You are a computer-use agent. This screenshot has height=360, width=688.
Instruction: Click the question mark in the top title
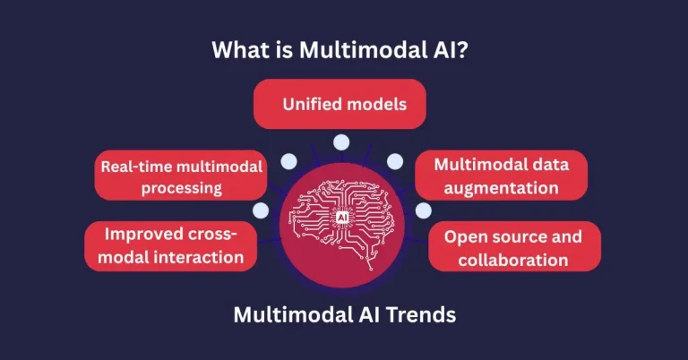471,49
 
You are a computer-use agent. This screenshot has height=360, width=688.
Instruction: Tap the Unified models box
345,104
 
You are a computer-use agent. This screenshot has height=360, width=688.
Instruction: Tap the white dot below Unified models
340,141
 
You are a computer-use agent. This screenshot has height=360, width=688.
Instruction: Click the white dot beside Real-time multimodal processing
288,162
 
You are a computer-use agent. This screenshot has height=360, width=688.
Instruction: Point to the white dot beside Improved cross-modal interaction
261,211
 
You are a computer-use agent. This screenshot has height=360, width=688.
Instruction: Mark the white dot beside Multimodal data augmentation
395,162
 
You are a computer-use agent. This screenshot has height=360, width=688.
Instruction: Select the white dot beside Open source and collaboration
423,211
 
